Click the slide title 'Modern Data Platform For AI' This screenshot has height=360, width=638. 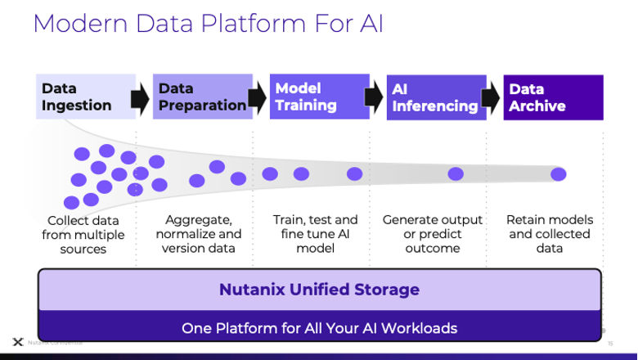coord(208,24)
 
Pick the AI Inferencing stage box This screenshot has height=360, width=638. coord(436,97)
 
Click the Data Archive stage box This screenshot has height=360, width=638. coord(553,97)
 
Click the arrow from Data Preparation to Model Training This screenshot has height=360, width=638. coord(258,98)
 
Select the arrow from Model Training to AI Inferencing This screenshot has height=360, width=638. coord(375,98)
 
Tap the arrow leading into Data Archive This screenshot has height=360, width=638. coord(492,98)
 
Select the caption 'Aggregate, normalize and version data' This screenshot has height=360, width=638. coord(200,234)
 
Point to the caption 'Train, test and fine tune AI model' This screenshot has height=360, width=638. coord(316,234)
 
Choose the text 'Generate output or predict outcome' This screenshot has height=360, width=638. coord(433,234)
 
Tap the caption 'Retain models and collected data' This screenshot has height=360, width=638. coord(550,234)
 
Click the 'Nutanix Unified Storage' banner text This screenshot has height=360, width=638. coord(319,290)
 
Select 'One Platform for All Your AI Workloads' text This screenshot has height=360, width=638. coord(319,328)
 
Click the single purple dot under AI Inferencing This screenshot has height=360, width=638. coord(456,173)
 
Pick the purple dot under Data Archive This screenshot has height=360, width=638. coord(559,173)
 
